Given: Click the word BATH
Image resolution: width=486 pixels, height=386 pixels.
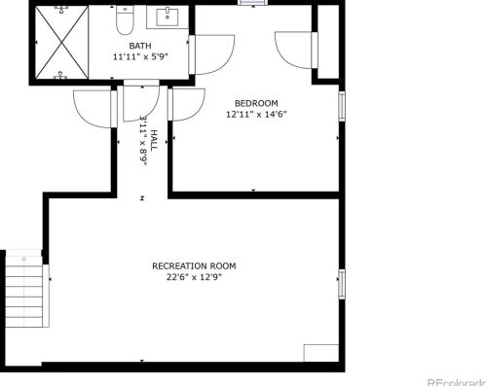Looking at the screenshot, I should tap(140, 46).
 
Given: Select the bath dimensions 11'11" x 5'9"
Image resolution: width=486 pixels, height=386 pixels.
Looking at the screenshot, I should tap(140, 57).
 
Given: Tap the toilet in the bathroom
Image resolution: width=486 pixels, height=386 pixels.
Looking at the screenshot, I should tap(125, 21).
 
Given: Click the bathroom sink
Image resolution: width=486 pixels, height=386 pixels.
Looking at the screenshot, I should tap(168, 17).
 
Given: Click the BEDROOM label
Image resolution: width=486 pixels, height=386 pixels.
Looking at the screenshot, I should tap(257, 103).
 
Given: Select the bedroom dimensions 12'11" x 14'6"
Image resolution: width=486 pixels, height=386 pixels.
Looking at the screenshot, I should tap(257, 114).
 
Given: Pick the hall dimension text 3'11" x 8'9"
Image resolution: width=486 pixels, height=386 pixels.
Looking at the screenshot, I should tap(142, 141).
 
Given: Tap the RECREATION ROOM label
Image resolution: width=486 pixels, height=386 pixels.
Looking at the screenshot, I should tap(194, 265).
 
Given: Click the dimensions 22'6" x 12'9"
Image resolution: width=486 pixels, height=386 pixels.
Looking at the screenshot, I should tap(194, 277).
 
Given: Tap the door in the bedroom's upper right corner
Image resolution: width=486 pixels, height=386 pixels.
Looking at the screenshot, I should tap(294, 50).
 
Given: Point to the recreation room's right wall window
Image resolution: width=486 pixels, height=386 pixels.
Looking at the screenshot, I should tap(341, 281).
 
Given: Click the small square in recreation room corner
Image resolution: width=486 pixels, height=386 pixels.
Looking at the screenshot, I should tap(320, 353).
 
